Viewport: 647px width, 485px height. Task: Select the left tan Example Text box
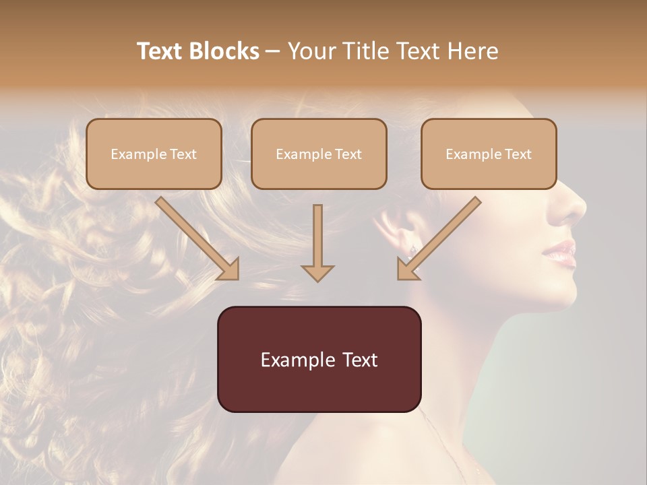[x=154, y=154]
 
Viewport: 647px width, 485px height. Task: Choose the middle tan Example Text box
[x=319, y=154]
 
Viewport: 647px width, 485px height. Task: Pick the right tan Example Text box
[x=489, y=154]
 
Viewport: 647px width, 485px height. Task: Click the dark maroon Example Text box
[x=319, y=359]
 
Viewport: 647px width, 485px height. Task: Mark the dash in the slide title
[x=273, y=51]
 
